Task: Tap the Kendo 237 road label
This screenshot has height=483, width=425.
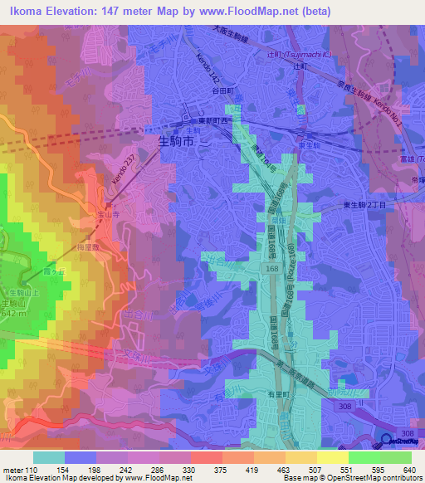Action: [121, 171]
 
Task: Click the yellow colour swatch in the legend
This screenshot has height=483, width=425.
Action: [333, 456]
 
